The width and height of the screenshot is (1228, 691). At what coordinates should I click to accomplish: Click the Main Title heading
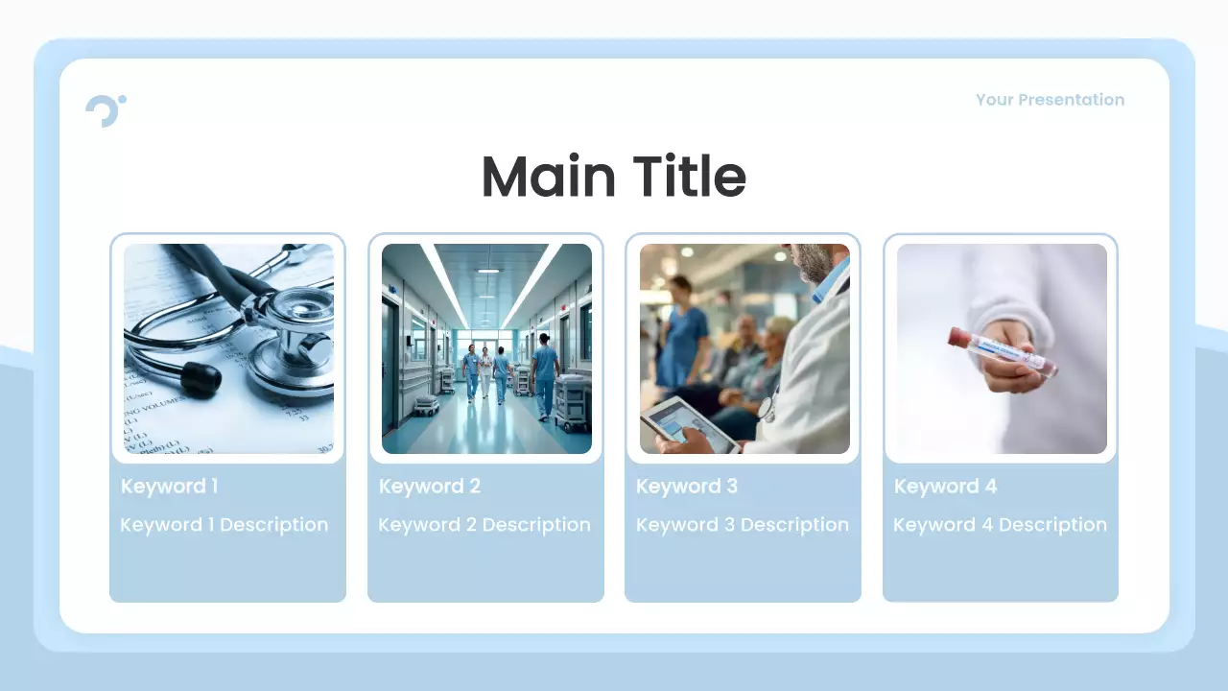click(x=613, y=177)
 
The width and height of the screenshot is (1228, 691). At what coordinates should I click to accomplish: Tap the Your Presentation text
click(x=1050, y=100)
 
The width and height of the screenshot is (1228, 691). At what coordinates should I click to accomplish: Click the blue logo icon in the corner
click(x=105, y=110)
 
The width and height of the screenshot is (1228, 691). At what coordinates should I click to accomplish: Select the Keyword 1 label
click(x=169, y=487)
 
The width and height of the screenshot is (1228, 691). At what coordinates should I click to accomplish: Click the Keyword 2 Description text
click(x=484, y=525)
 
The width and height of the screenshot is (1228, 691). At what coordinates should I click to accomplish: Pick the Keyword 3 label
click(x=686, y=487)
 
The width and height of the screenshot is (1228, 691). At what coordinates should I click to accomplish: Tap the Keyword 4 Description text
click(x=1000, y=525)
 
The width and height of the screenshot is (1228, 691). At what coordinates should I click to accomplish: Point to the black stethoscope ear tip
click(x=201, y=380)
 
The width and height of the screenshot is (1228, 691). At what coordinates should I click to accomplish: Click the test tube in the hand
click(x=1003, y=352)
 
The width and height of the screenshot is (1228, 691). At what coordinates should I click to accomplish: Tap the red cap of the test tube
click(x=958, y=336)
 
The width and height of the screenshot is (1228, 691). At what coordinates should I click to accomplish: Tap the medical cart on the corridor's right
click(x=573, y=401)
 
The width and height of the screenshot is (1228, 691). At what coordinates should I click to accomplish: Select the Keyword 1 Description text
click(x=224, y=525)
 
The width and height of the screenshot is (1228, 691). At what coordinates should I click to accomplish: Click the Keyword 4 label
click(x=945, y=487)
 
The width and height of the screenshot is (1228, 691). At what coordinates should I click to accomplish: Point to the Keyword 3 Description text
click(x=742, y=525)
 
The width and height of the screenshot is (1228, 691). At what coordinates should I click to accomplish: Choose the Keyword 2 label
click(x=429, y=487)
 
